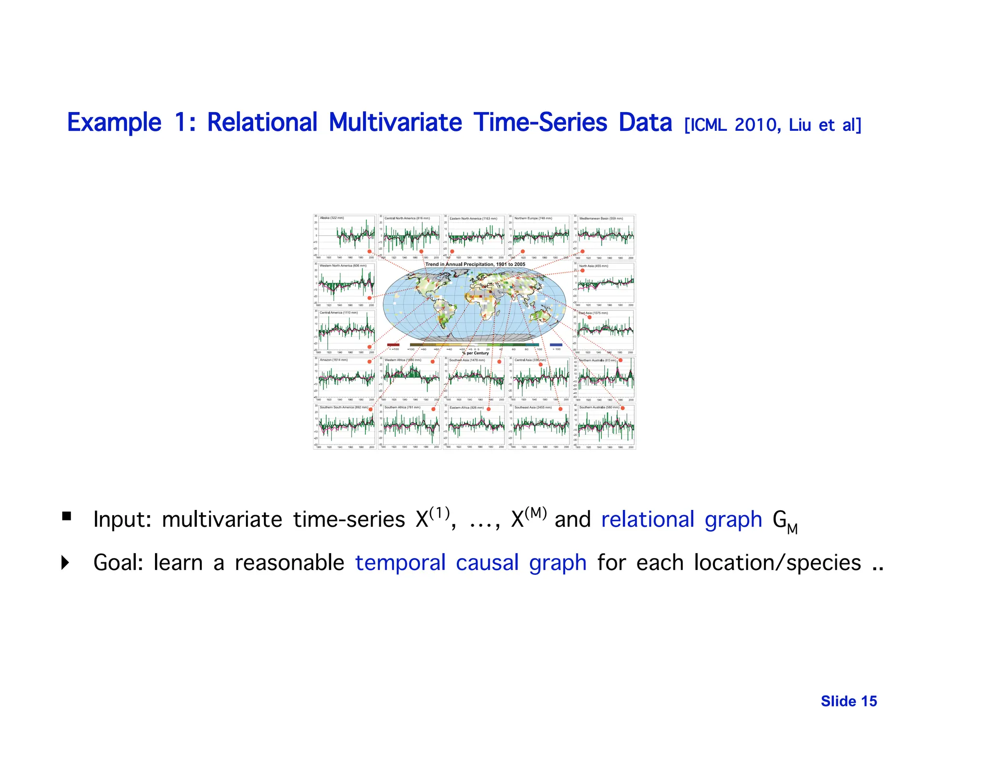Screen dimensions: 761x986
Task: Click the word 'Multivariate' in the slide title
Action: pyautogui.click(x=395, y=122)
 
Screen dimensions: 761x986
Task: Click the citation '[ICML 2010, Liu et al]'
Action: pyautogui.click(x=772, y=125)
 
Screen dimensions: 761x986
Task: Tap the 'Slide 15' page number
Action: pyautogui.click(x=849, y=701)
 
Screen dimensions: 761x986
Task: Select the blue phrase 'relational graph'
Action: pyautogui.click(x=681, y=520)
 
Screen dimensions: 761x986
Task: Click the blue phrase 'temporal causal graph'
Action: pyautogui.click(x=470, y=562)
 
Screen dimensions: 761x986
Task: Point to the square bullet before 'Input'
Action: pyautogui.click(x=66, y=517)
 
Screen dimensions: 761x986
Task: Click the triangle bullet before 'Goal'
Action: pyautogui.click(x=65, y=562)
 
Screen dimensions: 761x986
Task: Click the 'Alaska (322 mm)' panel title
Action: pyautogui.click(x=332, y=218)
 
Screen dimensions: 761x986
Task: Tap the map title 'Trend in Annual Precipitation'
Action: pyautogui.click(x=475, y=264)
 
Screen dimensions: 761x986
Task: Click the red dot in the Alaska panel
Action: pyautogui.click(x=369, y=252)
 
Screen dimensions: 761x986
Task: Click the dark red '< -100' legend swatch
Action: pyautogui.click(x=393, y=344)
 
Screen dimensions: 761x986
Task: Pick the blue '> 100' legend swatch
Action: pyautogui.click(x=556, y=344)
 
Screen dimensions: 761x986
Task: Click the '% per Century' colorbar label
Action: pyautogui.click(x=475, y=353)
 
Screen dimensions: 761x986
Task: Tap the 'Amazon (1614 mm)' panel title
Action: pyautogui.click(x=333, y=360)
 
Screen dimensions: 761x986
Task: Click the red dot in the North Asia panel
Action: pyautogui.click(x=582, y=270)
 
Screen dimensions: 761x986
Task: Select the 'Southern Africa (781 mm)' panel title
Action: pyautogui.click(x=402, y=407)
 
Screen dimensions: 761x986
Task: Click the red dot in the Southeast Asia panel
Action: pyautogui.click(x=560, y=409)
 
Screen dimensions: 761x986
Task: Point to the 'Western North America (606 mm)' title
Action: pyautogui.click(x=343, y=266)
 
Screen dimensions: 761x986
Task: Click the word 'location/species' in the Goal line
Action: pyautogui.click(x=777, y=562)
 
